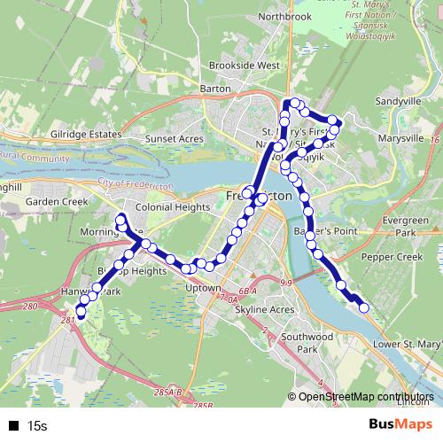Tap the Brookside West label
click(244, 66)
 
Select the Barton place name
click(216, 88)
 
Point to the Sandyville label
click(398, 102)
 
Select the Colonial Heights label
click(173, 207)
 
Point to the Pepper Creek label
click(393, 256)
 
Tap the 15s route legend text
click(36, 426)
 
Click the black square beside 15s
click(13, 426)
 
